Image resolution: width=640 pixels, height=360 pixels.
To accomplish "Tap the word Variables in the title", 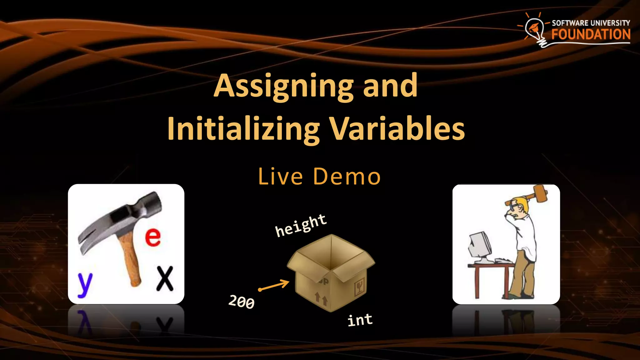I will (397, 129).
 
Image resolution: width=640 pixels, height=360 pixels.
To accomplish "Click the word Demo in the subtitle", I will (347, 177).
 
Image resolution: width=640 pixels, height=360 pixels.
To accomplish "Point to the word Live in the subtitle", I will (280, 177).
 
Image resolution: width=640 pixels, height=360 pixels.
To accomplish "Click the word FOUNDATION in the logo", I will (591, 34).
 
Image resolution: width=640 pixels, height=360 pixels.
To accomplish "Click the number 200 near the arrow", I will (242, 302).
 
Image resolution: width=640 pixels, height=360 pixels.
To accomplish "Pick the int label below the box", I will (360, 320).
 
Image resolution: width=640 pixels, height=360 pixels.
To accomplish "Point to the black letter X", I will (165, 278).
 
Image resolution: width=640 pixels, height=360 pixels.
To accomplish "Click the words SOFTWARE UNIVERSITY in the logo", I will (591, 23).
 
